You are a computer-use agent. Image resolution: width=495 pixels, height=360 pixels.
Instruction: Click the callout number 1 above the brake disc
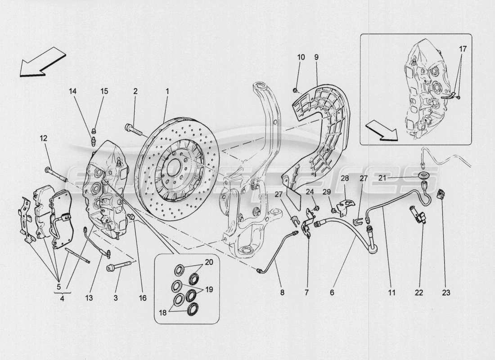pos(167,91)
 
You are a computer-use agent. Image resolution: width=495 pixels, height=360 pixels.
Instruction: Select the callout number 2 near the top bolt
pos(135,91)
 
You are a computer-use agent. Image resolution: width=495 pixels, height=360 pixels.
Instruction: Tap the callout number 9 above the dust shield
pos(316,57)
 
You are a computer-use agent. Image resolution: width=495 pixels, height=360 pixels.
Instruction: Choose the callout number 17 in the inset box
pos(463,48)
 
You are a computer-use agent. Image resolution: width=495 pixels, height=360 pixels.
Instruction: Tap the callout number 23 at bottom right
pos(445,292)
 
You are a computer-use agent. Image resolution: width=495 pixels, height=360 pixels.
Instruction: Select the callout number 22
pos(419,292)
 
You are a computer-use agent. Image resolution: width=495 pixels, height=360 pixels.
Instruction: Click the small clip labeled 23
pos(441,194)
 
